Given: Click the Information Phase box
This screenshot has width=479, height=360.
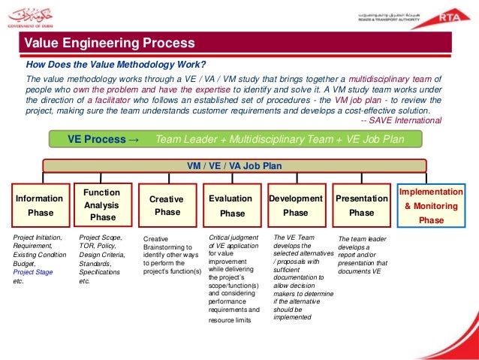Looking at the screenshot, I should coord(40,205).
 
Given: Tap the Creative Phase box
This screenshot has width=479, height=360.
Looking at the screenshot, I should coord(167,205).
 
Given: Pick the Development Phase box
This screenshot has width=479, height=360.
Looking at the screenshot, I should coord(296,205).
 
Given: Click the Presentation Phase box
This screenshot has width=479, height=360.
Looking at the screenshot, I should coord(361,205).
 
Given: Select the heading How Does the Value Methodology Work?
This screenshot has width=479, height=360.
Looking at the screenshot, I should coord(116,63).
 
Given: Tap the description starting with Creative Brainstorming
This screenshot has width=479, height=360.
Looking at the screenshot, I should coord(172,256).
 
